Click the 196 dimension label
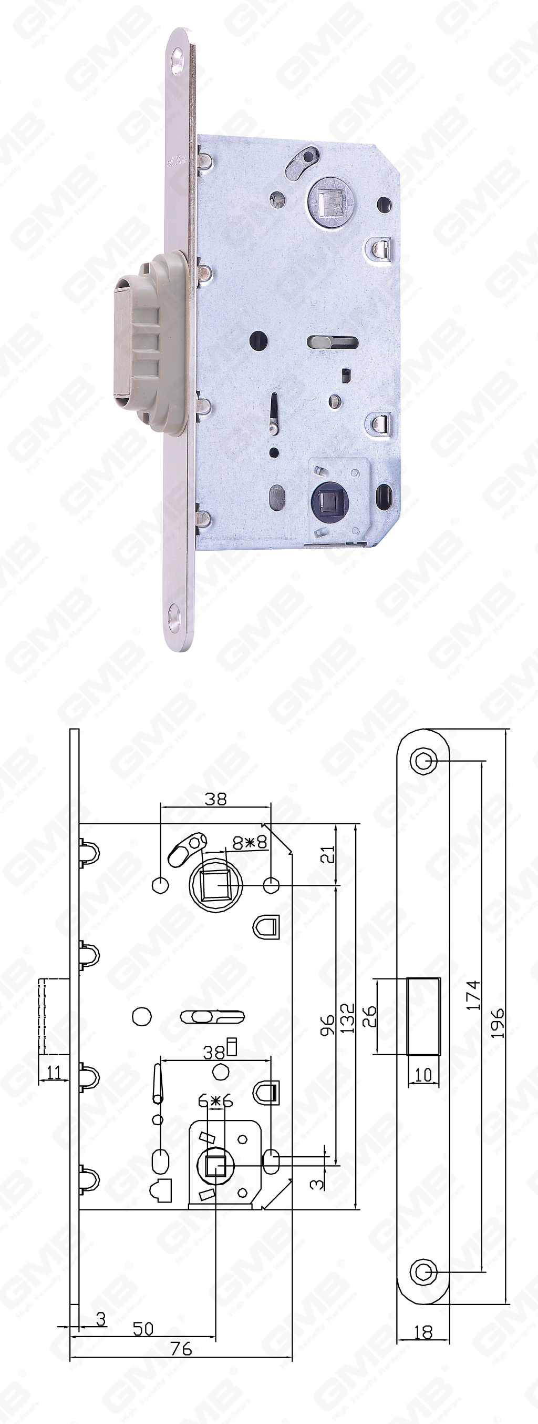point(497,1023)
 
